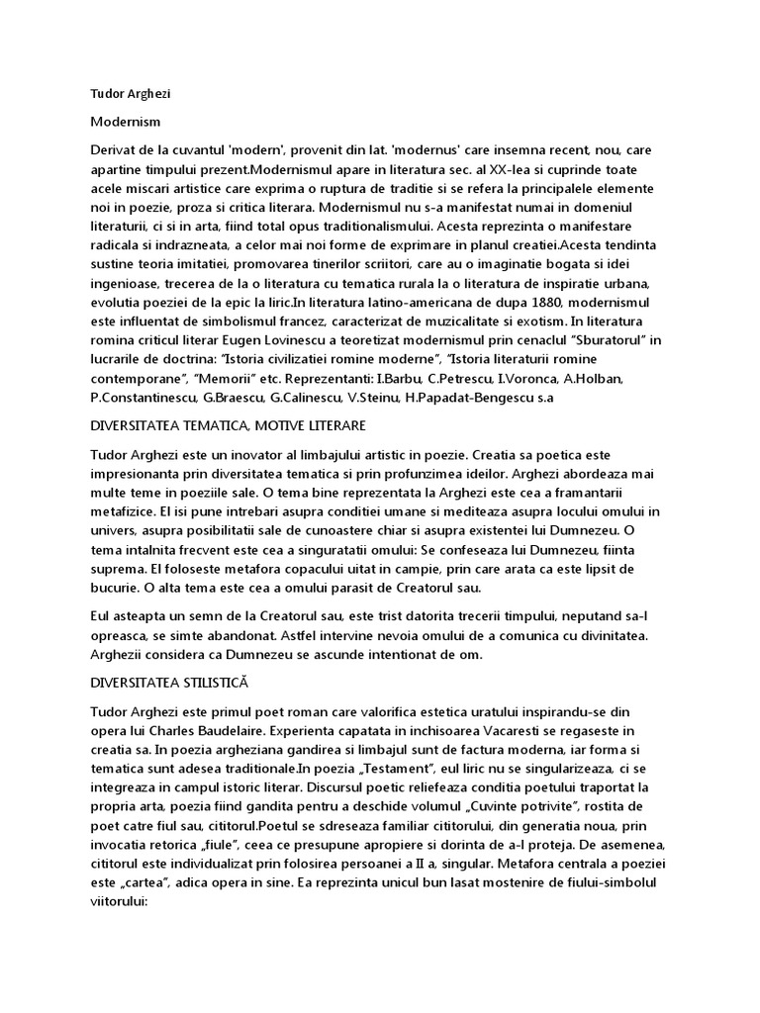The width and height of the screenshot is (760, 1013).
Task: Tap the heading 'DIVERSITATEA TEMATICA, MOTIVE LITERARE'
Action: (228, 424)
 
